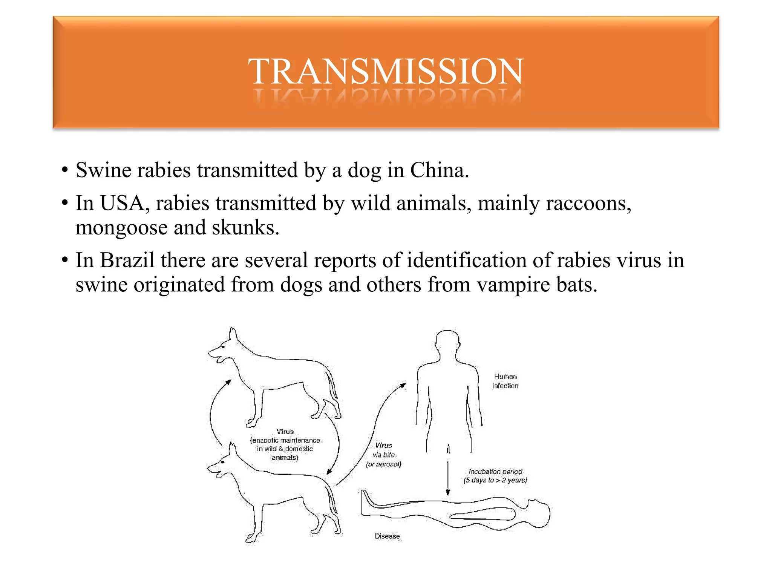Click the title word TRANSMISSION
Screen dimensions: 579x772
[386, 71]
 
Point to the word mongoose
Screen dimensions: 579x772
[121, 228]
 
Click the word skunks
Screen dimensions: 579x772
[245, 228]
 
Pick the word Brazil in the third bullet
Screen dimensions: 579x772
[127, 260]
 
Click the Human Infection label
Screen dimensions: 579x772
[505, 381]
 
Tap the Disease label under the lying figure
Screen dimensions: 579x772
[387, 536]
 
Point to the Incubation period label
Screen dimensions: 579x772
[495, 476]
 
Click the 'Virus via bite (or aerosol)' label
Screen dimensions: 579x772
[384, 455]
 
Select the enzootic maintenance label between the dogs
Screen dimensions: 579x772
[285, 444]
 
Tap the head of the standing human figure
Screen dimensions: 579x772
[447, 340]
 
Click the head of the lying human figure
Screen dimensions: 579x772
[539, 513]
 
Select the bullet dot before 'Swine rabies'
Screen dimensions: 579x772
[65, 170]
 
